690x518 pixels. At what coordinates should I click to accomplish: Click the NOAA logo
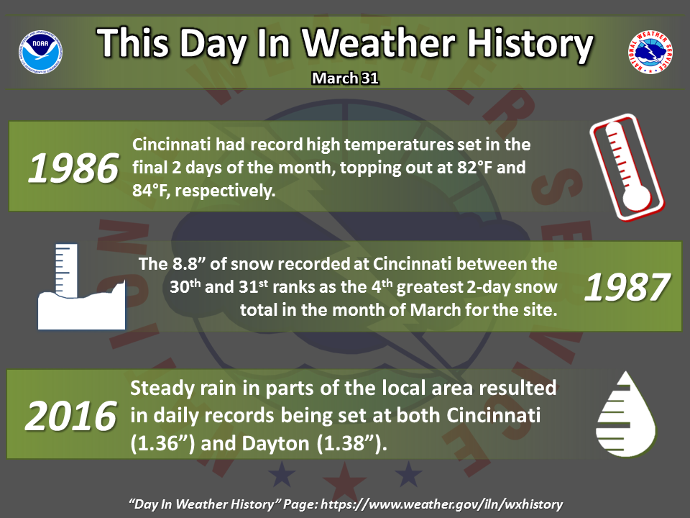(x=40, y=52)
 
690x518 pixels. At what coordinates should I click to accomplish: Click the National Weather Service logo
(x=650, y=52)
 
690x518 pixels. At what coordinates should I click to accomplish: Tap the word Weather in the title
(x=379, y=43)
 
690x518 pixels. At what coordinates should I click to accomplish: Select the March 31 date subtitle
(x=346, y=78)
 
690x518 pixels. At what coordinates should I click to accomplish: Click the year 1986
(x=73, y=168)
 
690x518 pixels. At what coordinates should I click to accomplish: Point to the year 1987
(x=627, y=287)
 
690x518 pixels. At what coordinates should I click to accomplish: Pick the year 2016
(x=71, y=417)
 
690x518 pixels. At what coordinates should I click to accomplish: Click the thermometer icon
(x=627, y=168)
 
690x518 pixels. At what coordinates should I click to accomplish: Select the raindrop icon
(x=626, y=414)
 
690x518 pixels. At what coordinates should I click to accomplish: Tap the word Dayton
(x=275, y=443)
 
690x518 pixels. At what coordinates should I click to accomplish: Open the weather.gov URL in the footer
(x=442, y=504)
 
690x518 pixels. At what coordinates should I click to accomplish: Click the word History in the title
(x=530, y=44)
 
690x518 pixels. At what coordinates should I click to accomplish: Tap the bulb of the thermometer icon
(x=636, y=196)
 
